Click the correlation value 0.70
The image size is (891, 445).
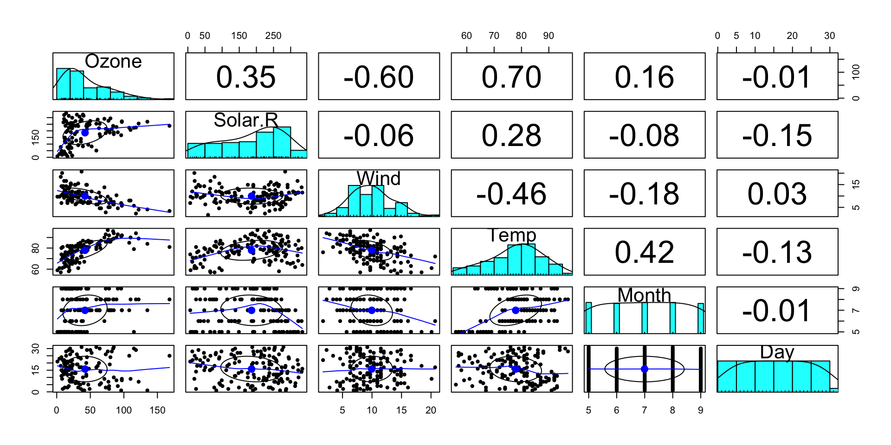click(511, 76)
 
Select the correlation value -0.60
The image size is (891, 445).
click(379, 76)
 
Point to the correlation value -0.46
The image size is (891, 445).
click(511, 193)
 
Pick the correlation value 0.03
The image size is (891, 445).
click(777, 193)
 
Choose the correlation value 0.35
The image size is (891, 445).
click(246, 76)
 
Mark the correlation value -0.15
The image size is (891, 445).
click(777, 135)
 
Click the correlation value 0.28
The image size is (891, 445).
click(511, 135)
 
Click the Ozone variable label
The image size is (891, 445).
click(113, 61)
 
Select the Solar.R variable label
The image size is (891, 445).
click(246, 120)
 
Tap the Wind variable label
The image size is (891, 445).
click(379, 178)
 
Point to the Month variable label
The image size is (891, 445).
click(644, 295)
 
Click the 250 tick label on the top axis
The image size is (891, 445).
click(273, 36)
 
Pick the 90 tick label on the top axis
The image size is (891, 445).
click(549, 36)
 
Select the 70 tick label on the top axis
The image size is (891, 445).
click(494, 36)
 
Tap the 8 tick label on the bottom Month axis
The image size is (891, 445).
click(672, 410)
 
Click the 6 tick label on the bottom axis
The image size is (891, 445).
click(616, 410)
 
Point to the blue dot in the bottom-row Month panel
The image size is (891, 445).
click(644, 369)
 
